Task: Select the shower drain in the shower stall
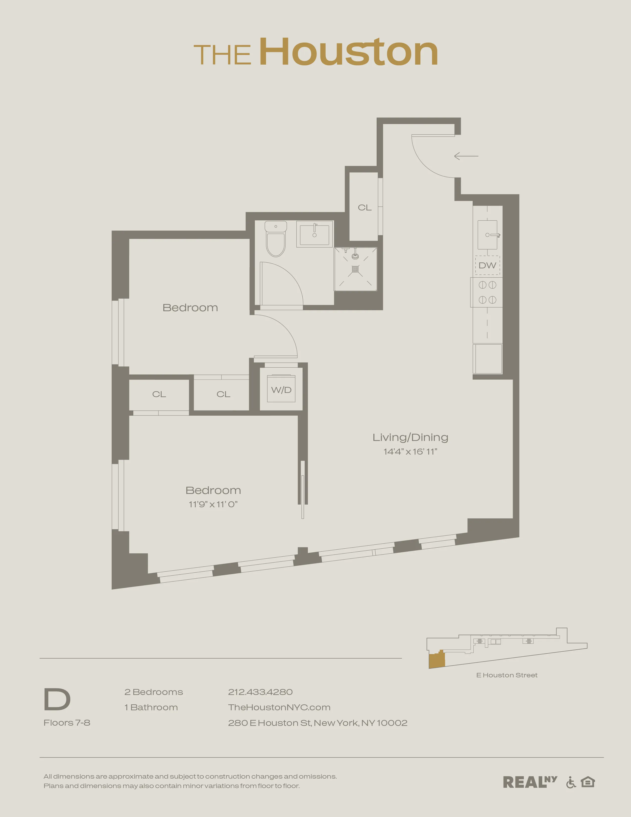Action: [x=355, y=269]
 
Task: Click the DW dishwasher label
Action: [x=487, y=266]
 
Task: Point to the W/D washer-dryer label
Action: [x=281, y=390]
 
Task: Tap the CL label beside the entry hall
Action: [x=364, y=208]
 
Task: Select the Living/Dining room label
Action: [x=410, y=437]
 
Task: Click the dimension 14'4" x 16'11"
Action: [x=410, y=452]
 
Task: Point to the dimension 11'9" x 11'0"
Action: [x=213, y=505]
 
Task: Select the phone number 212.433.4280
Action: [x=260, y=692]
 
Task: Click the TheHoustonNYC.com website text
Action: [x=279, y=707]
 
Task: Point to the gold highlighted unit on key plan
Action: [x=437, y=661]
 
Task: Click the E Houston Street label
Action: [x=507, y=675]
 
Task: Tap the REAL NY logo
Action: [x=529, y=782]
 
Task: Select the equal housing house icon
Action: [x=588, y=782]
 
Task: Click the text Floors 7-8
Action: [x=67, y=723]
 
